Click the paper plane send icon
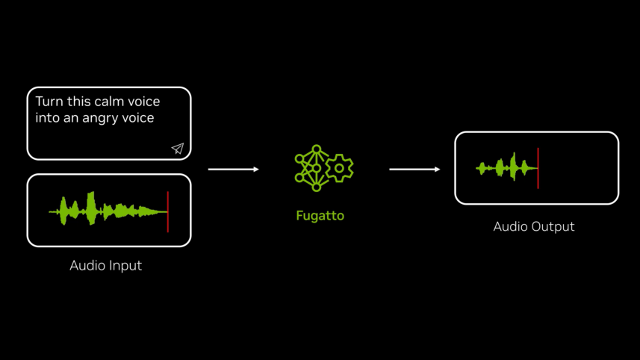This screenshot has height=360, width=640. pyautogui.click(x=178, y=149)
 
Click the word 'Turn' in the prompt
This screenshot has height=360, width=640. pyautogui.click(x=49, y=102)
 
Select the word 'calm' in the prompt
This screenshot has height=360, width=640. pyautogui.click(x=111, y=102)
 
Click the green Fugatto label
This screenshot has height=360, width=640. pyautogui.click(x=320, y=216)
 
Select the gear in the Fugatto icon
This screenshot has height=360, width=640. pyautogui.click(x=339, y=168)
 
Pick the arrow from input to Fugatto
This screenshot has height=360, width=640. pyautogui.click(x=233, y=170)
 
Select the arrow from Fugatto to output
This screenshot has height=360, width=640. pyautogui.click(x=414, y=170)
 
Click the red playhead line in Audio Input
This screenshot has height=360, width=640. pyautogui.click(x=168, y=211)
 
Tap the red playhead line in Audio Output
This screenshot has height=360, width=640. pyautogui.click(x=538, y=168)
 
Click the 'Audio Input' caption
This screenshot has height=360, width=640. pyautogui.click(x=105, y=265)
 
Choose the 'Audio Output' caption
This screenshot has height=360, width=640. pyautogui.click(x=534, y=226)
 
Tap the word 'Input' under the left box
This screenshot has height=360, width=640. pyautogui.click(x=125, y=265)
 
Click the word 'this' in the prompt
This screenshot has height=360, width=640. pyautogui.click(x=78, y=102)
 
